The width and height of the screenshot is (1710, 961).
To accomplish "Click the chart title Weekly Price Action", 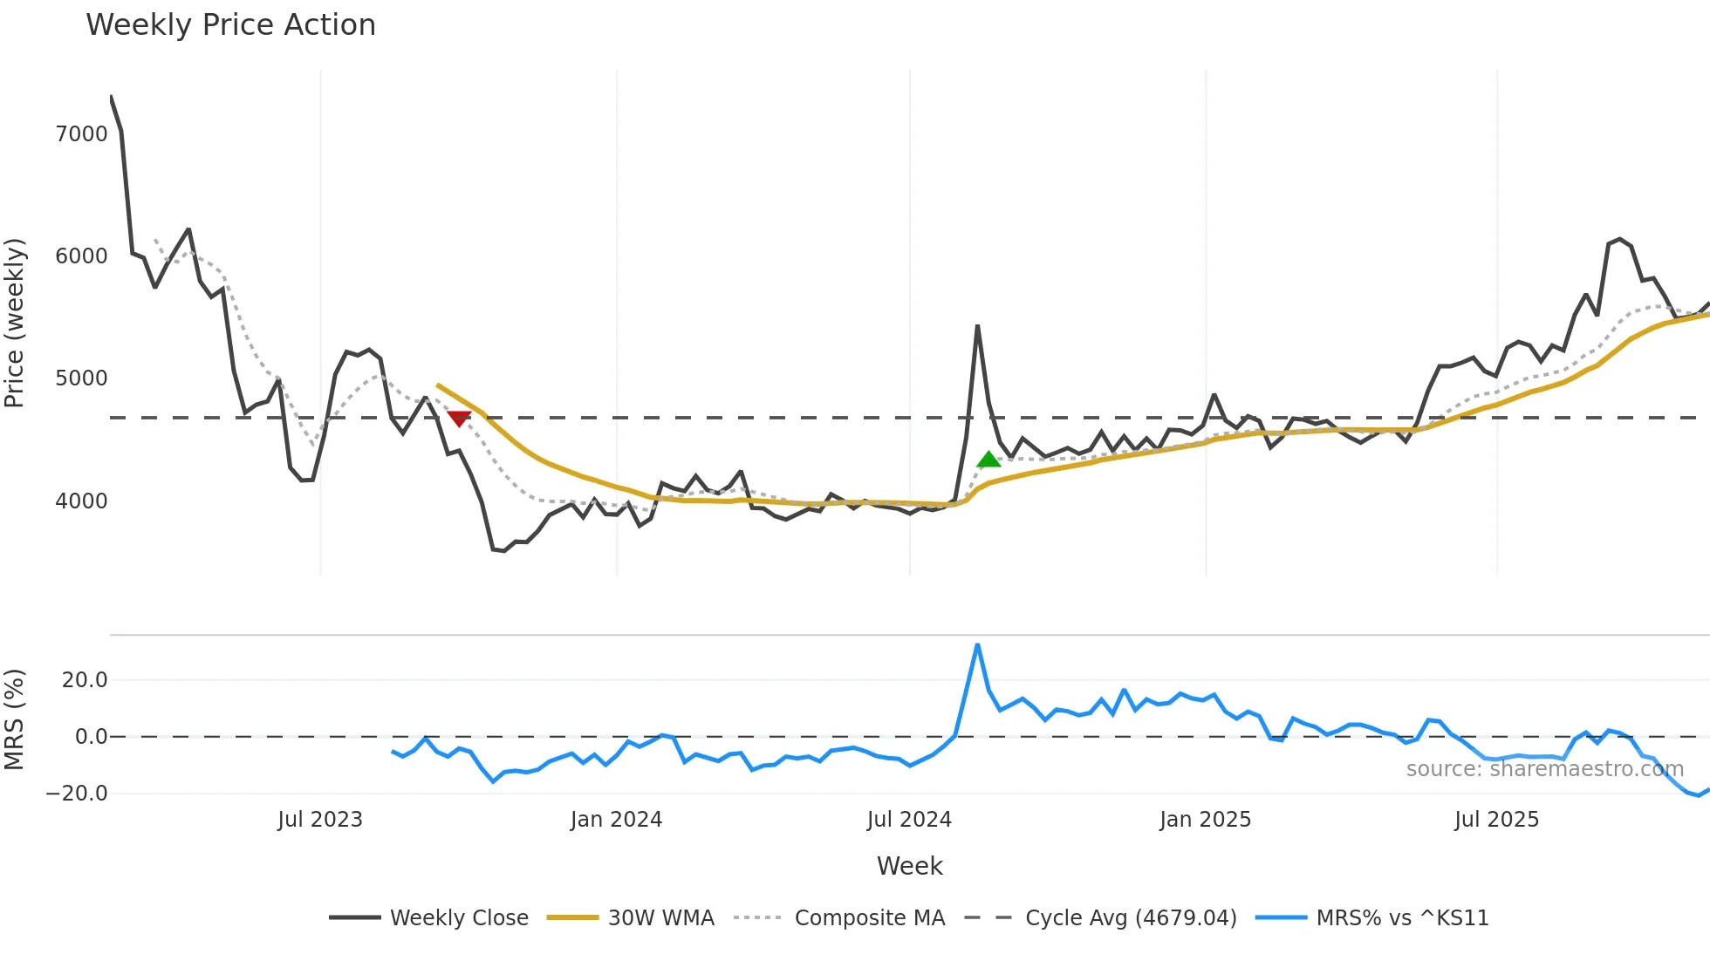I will [230, 25].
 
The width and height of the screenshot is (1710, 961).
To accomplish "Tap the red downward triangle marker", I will [459, 419].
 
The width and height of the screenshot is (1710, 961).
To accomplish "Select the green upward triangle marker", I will [988, 460].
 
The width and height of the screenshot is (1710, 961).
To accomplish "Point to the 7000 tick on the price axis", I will [81, 134].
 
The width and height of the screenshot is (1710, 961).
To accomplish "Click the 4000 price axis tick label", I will [81, 501].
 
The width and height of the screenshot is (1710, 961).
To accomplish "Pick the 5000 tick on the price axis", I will [81, 378].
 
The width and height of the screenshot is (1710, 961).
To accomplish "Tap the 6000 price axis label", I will [81, 256].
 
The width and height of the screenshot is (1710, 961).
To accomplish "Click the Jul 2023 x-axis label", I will [320, 820].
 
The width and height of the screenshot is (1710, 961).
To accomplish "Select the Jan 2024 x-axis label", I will [616, 820].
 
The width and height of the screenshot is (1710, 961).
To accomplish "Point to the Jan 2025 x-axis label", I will [1205, 820].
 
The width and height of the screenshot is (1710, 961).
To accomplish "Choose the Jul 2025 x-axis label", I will [1496, 820].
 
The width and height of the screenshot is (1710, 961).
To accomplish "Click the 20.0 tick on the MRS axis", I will [85, 680].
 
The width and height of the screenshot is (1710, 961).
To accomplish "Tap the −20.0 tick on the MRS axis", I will [77, 794].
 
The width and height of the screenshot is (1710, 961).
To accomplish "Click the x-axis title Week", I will [909, 866].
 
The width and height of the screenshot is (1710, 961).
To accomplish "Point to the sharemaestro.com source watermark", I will [1544, 769].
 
